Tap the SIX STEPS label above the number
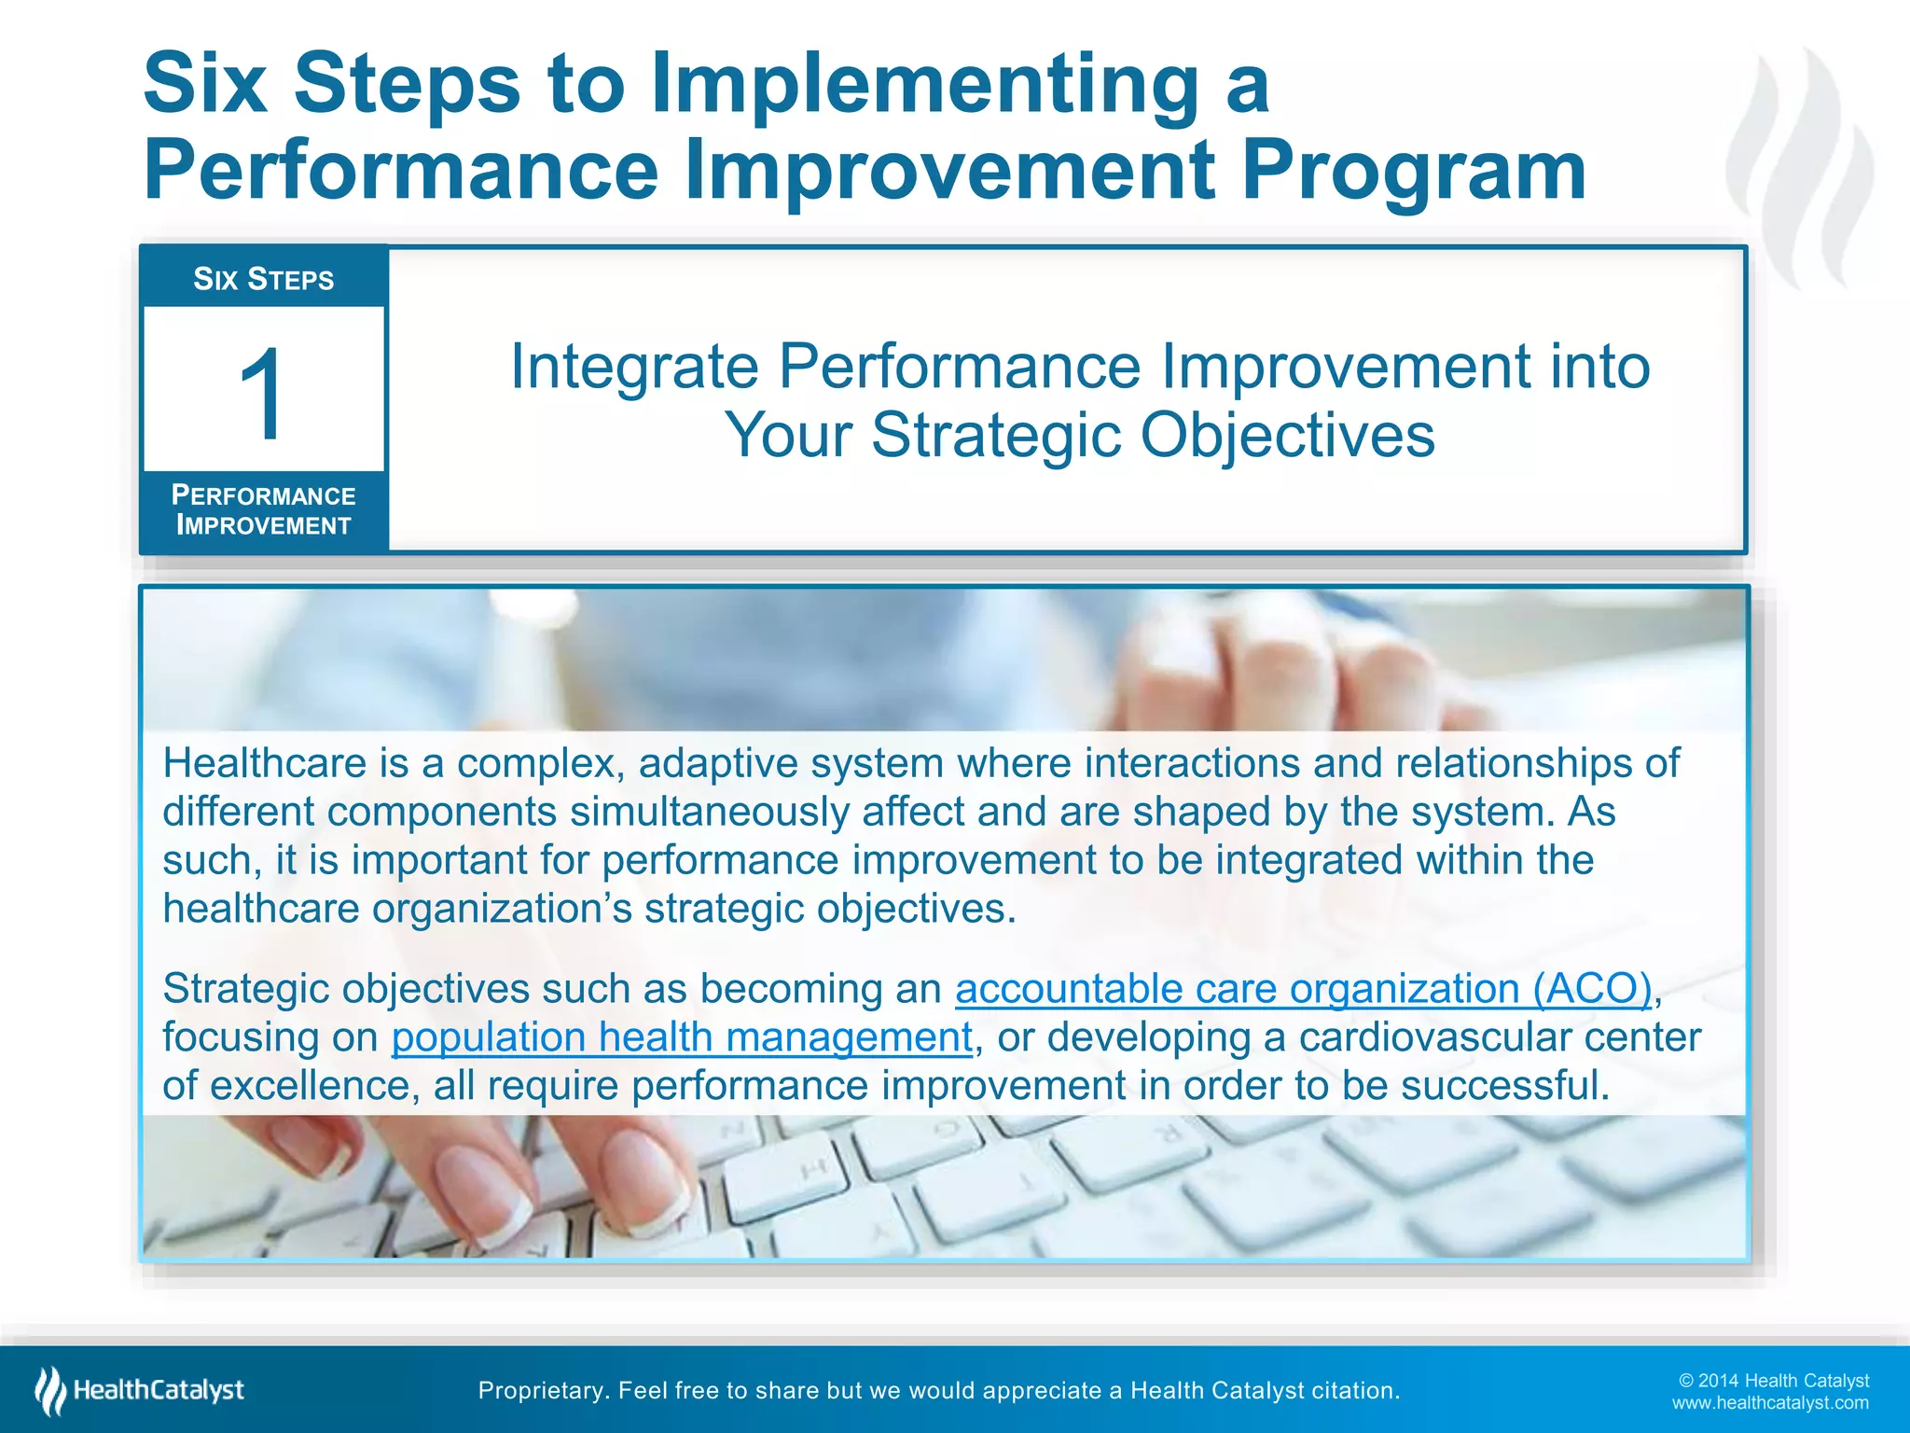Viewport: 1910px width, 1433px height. (x=263, y=279)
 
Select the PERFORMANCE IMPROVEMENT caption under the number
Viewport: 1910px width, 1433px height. (x=263, y=510)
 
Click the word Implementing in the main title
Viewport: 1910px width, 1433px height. (x=923, y=84)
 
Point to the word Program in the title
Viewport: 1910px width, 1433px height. (x=1413, y=171)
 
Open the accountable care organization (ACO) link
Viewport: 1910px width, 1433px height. (x=1303, y=989)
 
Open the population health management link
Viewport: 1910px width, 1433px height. (x=682, y=1037)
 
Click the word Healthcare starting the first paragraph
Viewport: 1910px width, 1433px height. (x=265, y=763)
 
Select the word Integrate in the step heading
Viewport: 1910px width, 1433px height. (x=634, y=367)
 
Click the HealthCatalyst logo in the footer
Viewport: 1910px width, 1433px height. (x=140, y=1390)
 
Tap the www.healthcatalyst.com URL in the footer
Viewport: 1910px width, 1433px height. (x=1769, y=1403)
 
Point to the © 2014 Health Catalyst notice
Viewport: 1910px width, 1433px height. (x=1773, y=1381)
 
